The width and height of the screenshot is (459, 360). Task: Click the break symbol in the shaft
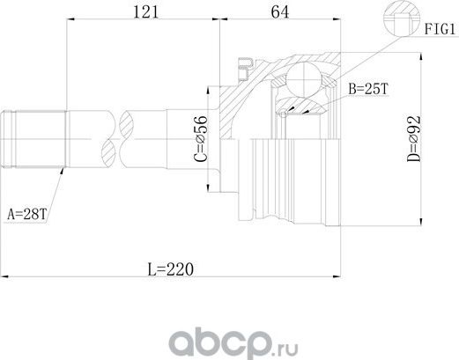pyautogui.click(x=115, y=136)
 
